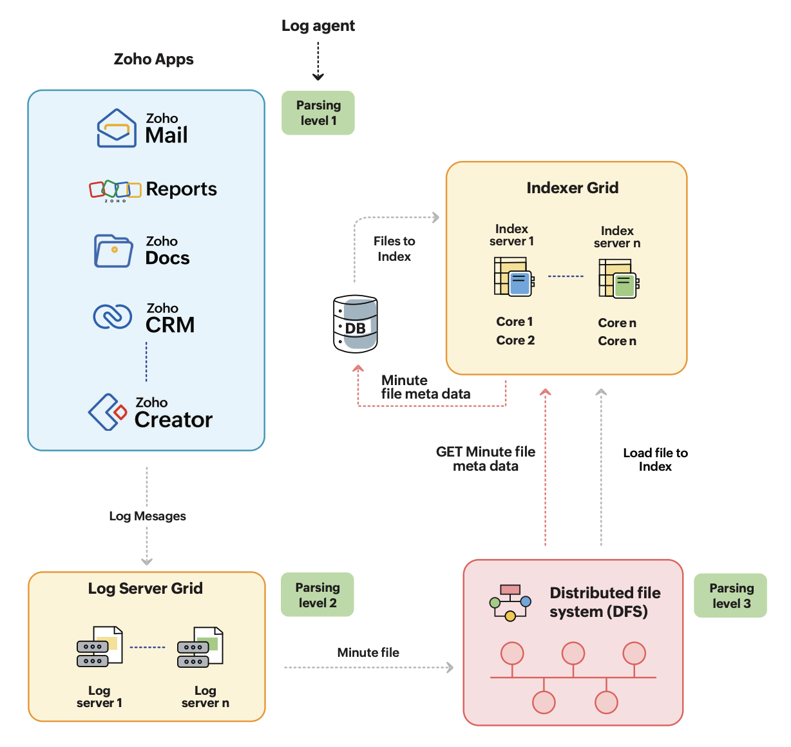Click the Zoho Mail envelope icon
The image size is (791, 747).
[x=117, y=128]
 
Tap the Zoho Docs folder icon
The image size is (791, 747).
[x=113, y=251]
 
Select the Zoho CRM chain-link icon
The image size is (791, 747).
[x=113, y=316]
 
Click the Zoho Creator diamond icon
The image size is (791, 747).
[x=108, y=412]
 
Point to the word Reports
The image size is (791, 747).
[x=181, y=189]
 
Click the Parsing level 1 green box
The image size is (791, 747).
[x=318, y=113]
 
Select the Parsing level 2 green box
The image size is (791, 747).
[x=317, y=594]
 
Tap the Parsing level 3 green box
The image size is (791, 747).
[x=730, y=596]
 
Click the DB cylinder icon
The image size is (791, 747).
[x=356, y=324]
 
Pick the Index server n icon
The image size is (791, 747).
[x=618, y=278]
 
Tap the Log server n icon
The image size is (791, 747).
[x=200, y=647]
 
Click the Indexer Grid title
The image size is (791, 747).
[x=572, y=187]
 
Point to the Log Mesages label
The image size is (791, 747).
[x=148, y=516]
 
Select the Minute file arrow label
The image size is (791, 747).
[x=368, y=652]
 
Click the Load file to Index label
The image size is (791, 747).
[x=655, y=460]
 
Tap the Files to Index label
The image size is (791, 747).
[x=394, y=249]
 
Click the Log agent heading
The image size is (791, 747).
[x=318, y=26]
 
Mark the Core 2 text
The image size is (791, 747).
[x=515, y=340]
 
